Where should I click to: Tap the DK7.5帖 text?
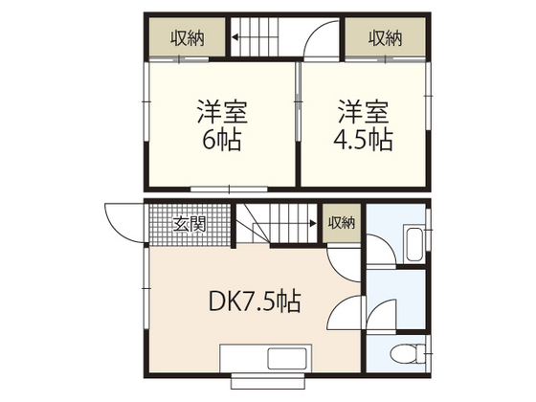255,302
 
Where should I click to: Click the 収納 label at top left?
188,37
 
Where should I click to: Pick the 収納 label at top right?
385,37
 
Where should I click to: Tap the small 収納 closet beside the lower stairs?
342,223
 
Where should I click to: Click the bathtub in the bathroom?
413,245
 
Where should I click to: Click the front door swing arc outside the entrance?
121,222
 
